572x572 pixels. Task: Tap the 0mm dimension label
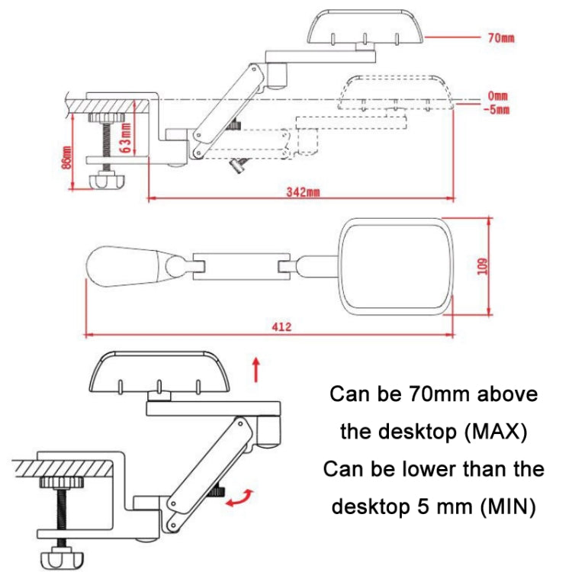click(x=497, y=96)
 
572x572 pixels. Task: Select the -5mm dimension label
click(x=497, y=108)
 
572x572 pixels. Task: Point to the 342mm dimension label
click(x=302, y=192)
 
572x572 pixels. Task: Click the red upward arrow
click(x=257, y=369)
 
